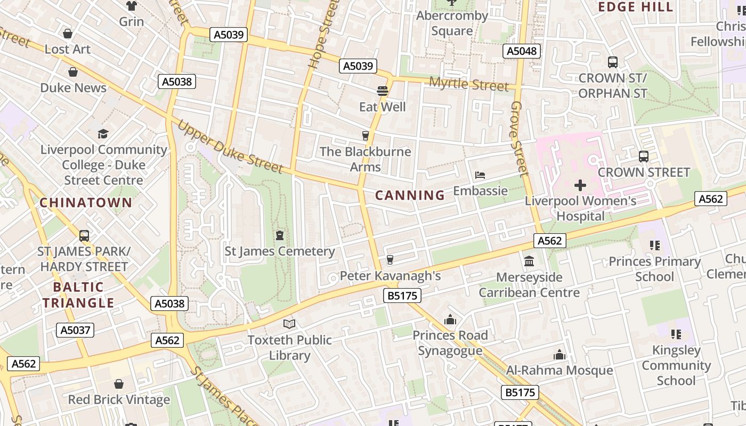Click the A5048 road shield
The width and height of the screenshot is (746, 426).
point(522,51)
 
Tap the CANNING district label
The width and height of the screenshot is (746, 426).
point(410,195)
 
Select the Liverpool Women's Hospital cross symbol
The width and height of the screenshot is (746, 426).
point(580,185)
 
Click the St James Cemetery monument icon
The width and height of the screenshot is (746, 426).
point(280,235)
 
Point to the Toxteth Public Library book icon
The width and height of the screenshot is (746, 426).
point(289,324)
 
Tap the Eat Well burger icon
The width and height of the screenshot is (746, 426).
point(382,91)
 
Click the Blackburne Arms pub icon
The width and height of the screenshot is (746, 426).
point(366,136)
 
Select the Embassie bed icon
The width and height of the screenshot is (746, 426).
point(480,175)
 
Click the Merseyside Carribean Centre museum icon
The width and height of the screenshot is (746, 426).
point(529,261)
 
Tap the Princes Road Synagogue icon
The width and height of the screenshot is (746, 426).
point(450,319)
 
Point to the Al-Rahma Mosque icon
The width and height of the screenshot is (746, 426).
point(559,355)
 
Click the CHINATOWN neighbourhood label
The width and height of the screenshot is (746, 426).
point(86,202)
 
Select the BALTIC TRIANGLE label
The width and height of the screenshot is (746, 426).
point(78,295)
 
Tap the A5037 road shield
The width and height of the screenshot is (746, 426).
point(75,330)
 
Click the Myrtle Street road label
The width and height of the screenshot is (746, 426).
point(468,84)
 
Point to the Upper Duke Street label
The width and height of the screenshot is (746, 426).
point(230,148)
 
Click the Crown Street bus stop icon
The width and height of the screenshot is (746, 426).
point(644,157)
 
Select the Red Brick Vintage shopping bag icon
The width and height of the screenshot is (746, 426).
point(119,384)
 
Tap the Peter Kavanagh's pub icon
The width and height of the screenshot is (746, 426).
point(390,259)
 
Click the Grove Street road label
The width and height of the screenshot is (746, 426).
point(518,138)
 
